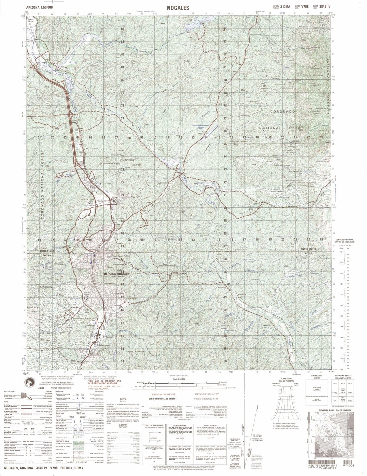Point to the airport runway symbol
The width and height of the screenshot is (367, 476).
coord(209,133)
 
